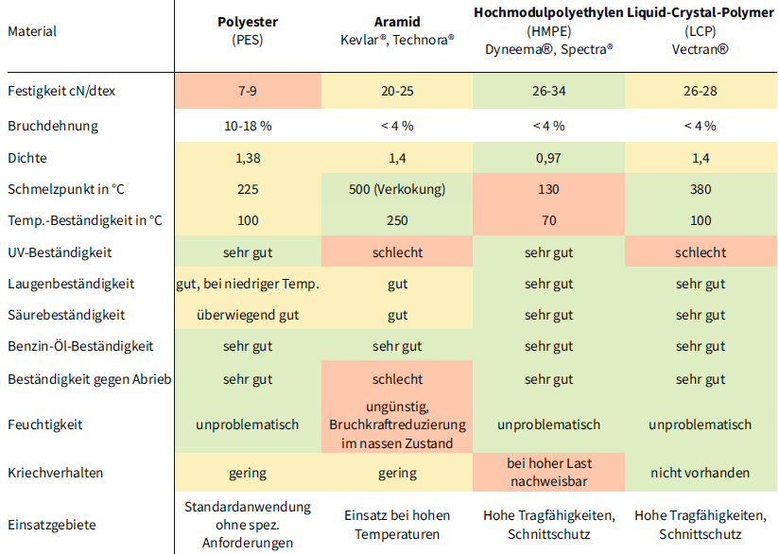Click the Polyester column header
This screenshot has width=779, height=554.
point(248,22)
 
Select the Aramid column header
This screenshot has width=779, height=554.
point(397,22)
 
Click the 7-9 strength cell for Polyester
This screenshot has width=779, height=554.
point(248,93)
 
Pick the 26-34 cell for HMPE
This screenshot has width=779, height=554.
point(548,93)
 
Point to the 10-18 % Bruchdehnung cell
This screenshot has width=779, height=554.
point(248,126)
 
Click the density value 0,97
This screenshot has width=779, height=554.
point(548,158)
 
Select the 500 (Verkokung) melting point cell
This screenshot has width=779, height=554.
point(397,189)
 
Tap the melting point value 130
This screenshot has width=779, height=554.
point(548,189)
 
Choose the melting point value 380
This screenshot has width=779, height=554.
point(701,189)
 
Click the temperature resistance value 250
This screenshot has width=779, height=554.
point(397,221)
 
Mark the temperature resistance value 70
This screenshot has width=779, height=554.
point(548,221)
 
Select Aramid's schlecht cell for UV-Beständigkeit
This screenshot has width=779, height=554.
point(397,252)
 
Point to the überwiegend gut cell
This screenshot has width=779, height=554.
point(248,315)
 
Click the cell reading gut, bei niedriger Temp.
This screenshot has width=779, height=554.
point(248,284)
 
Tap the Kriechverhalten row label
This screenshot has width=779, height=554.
point(55,473)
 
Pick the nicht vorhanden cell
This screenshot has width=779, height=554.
point(701,473)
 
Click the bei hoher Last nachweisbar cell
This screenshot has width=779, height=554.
point(548,473)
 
